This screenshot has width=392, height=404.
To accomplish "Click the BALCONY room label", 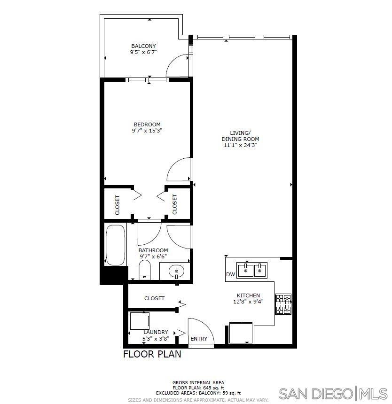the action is coord(143,46).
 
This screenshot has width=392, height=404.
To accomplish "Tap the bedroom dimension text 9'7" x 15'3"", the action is coord(147,131).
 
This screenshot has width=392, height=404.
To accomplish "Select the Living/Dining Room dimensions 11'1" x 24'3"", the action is coord(240,145).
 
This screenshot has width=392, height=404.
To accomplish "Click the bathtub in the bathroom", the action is coord(116,245).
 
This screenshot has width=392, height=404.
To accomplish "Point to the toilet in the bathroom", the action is coord(145,270).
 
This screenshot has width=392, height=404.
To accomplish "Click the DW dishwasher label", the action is coord(230,274).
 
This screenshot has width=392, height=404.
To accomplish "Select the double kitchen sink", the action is coord(252,270).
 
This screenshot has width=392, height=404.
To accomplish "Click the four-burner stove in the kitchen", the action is coord(283,304).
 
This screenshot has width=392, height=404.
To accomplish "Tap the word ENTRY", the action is coord(199,339).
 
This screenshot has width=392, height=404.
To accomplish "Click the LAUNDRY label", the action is coord(156,332).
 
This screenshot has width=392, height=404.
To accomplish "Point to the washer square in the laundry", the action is coord(140,321).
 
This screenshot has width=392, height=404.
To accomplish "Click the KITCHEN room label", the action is coord(248,295).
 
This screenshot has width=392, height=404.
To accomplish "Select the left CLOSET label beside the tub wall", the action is coord(117,205).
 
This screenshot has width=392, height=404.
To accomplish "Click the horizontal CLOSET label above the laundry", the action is coord(154,298).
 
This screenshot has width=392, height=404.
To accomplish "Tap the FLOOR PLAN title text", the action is coord(152,354).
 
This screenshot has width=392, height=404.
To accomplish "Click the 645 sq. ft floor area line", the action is coord(198,388).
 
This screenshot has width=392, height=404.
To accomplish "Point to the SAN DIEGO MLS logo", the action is coord(333,394).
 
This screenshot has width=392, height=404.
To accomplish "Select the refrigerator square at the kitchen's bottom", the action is coord(241,333).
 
